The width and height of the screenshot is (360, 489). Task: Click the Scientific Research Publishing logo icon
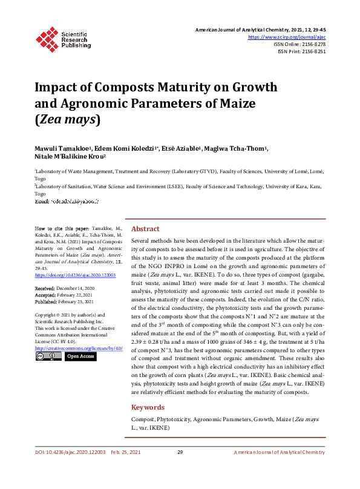pos(47,38)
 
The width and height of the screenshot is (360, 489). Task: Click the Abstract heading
pos(145,229)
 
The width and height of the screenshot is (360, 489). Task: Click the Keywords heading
pos(148,407)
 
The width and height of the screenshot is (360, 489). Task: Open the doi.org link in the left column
pos(75,275)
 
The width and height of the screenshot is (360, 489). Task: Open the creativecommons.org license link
pos(79,348)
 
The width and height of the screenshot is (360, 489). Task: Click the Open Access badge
pos(80,356)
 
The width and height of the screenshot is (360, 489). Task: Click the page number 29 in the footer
pos(180,453)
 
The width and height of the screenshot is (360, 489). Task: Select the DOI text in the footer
pos(70,453)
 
